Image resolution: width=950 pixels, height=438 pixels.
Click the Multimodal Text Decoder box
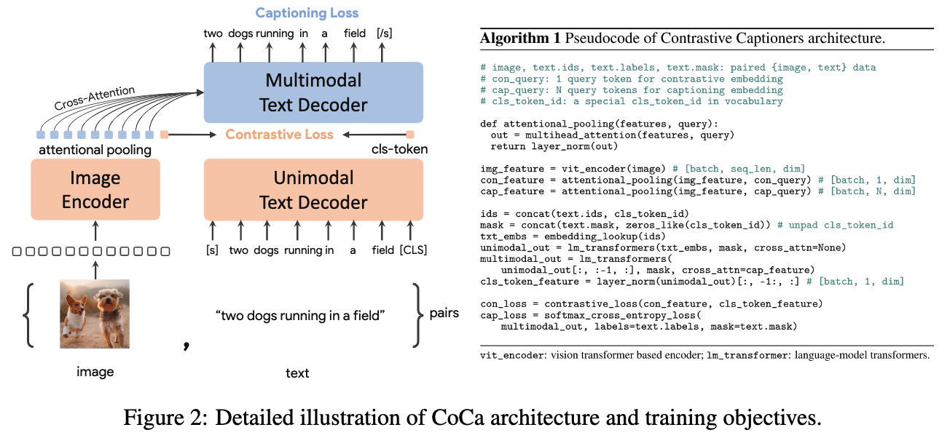click(313, 92)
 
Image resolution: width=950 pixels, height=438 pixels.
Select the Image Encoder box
click(95, 189)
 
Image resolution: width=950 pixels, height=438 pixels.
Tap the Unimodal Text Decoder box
click(313, 189)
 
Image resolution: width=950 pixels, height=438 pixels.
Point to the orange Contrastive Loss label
click(279, 135)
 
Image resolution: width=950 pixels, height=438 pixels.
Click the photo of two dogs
click(95, 314)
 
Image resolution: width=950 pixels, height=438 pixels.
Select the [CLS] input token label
click(413, 250)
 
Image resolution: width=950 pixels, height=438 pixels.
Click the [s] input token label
click(213, 250)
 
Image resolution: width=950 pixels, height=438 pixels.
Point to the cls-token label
click(400, 150)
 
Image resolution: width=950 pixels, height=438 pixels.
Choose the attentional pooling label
click(95, 150)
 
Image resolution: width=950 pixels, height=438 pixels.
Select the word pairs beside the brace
click(444, 314)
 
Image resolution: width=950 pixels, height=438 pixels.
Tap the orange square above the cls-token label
click(410, 135)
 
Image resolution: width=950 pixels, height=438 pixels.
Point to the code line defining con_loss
click(651, 303)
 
